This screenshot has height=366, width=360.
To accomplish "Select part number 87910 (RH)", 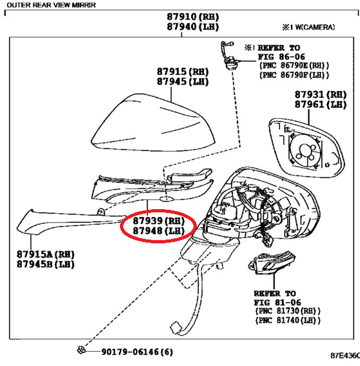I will pos(192,16).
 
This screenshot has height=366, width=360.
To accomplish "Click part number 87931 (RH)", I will pos(320,94).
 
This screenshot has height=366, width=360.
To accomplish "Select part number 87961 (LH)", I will pos(320,105).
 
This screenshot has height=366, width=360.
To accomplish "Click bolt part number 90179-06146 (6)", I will pos(136,352).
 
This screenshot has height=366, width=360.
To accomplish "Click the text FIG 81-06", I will pos(275,301).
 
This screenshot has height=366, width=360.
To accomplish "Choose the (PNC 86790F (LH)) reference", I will pos(294,75).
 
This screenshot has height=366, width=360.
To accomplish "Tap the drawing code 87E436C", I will pos(345,356).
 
